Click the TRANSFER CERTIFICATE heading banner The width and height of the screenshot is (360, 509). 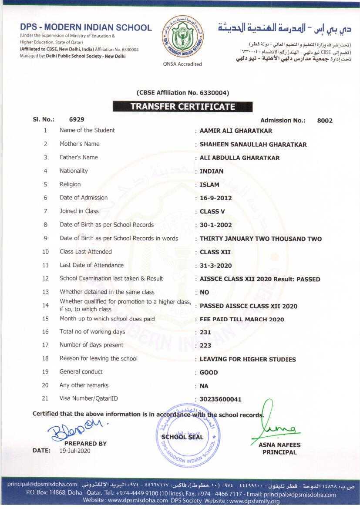183,106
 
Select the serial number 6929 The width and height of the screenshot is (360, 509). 77,119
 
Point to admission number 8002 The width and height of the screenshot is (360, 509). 325,121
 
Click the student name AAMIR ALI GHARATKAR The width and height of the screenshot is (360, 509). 236,131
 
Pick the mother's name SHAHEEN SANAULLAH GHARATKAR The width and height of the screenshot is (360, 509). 253,145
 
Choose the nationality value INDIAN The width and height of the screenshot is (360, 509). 212,171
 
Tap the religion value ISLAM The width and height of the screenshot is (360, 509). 209,185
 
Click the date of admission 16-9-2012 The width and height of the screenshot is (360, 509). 215,198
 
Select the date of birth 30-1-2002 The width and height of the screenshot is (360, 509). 215,225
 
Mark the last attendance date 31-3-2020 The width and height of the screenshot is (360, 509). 215,266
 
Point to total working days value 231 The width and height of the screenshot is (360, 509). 205,332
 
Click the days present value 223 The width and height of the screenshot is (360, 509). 205,345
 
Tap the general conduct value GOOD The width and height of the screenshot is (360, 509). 209,373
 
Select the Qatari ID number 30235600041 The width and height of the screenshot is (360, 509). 220,399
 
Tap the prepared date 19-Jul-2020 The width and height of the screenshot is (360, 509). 74,451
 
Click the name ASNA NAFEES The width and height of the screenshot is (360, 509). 279,445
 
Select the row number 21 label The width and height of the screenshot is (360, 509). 45,398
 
